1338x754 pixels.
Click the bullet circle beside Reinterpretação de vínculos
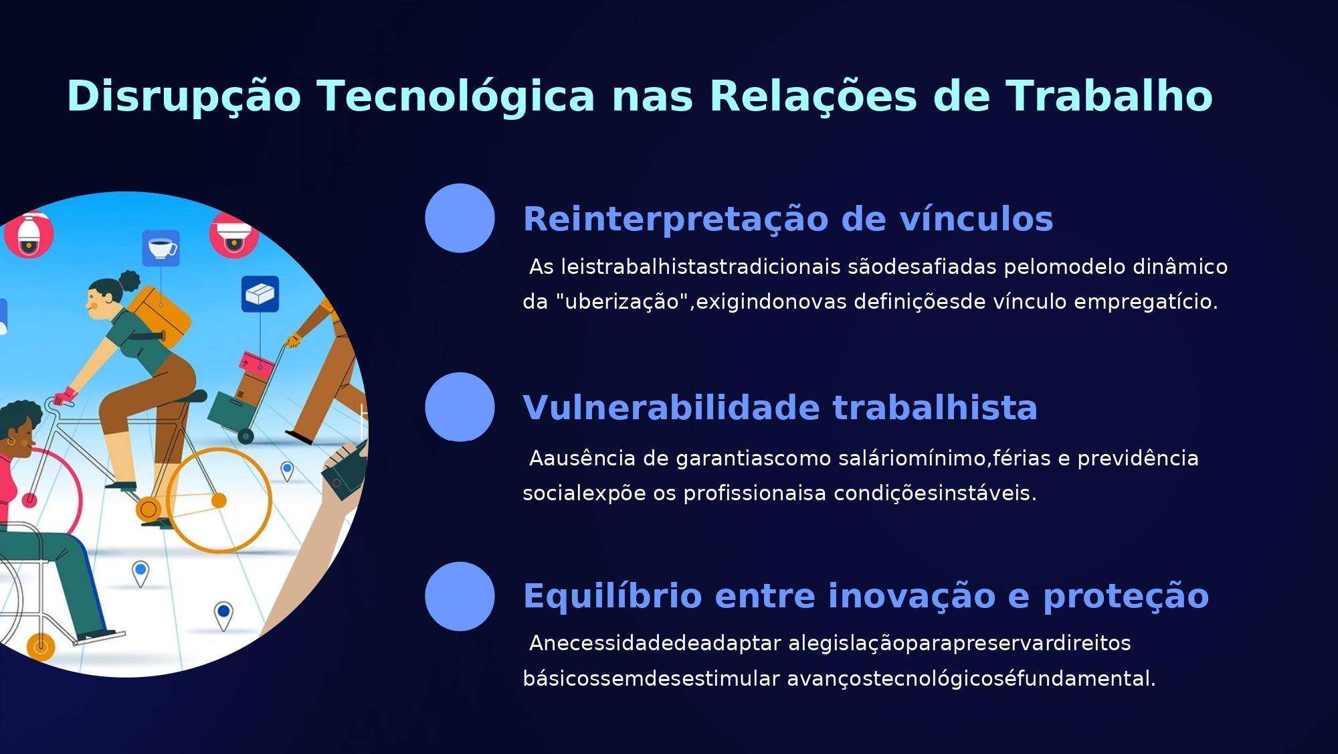(x=460, y=218)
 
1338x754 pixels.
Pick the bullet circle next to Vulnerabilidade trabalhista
(x=460, y=407)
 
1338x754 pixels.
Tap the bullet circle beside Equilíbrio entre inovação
(x=460, y=597)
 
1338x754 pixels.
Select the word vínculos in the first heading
(x=976, y=219)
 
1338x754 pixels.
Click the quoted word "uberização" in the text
(x=622, y=301)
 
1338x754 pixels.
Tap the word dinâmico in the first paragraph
(x=1180, y=267)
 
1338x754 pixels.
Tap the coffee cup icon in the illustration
(x=161, y=248)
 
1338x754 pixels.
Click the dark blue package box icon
(x=260, y=294)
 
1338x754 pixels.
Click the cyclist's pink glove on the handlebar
(x=66, y=396)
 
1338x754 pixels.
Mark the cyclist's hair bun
(x=129, y=280)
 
